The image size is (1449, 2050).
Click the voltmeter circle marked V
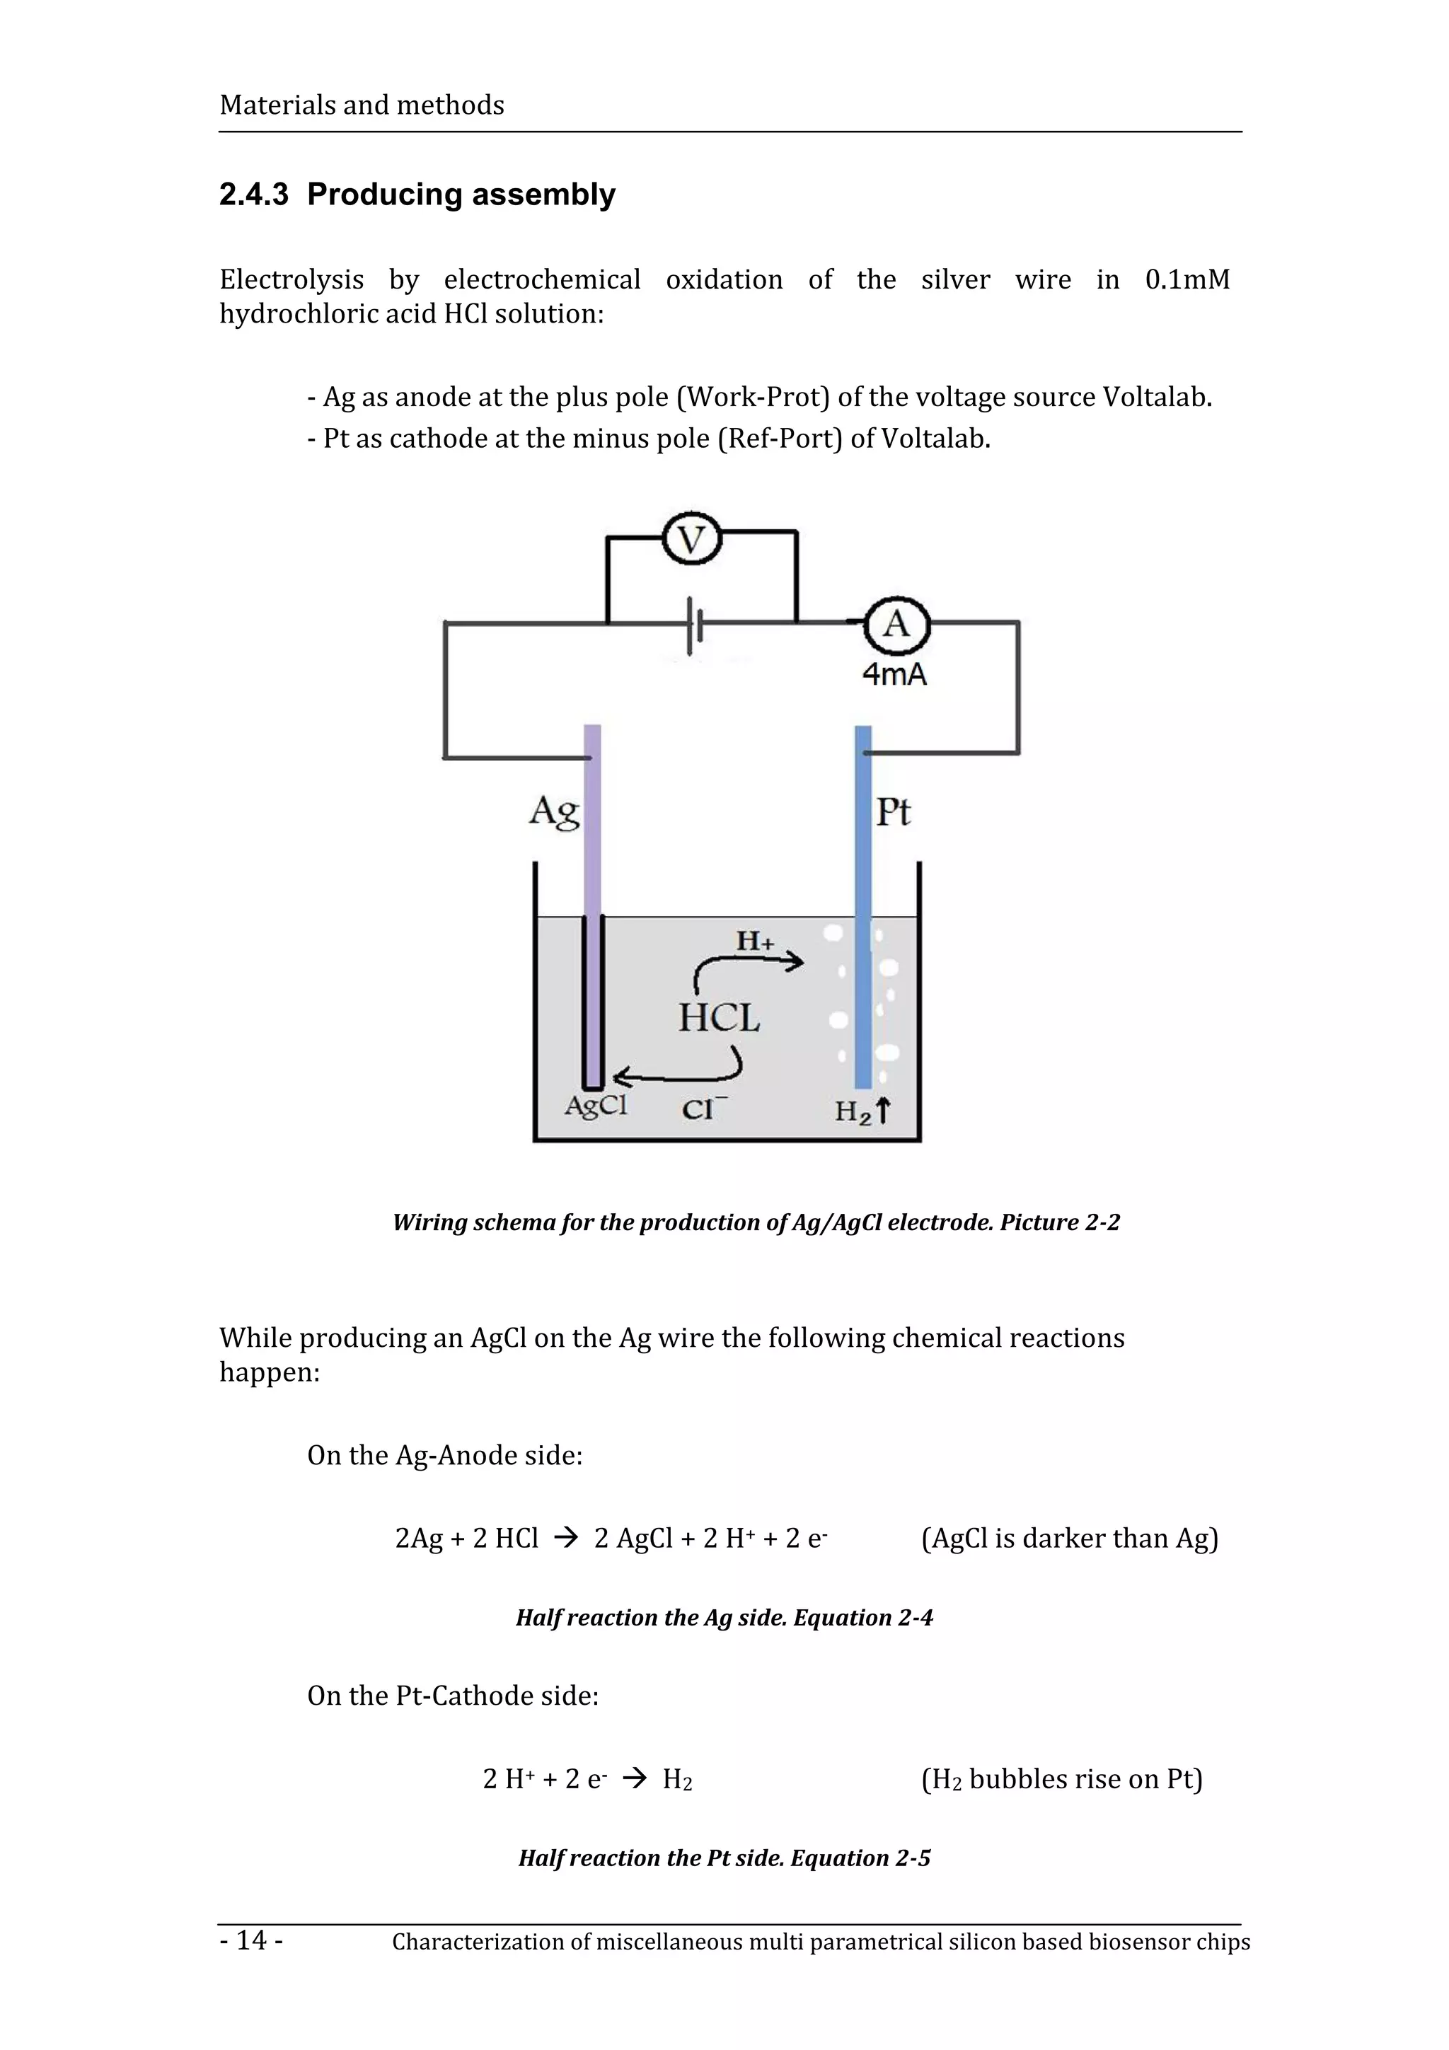691,539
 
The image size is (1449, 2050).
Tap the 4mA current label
894,674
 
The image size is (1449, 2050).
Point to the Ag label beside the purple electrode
553,811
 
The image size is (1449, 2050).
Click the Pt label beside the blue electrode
893,811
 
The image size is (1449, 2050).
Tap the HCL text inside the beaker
719,1018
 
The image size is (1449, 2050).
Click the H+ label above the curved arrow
754,940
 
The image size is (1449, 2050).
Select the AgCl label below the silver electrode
596,1106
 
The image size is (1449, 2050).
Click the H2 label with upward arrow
862,1111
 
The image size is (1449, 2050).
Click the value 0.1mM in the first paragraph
1187,279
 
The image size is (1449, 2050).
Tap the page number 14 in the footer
252,1939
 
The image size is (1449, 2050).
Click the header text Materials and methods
362,105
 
